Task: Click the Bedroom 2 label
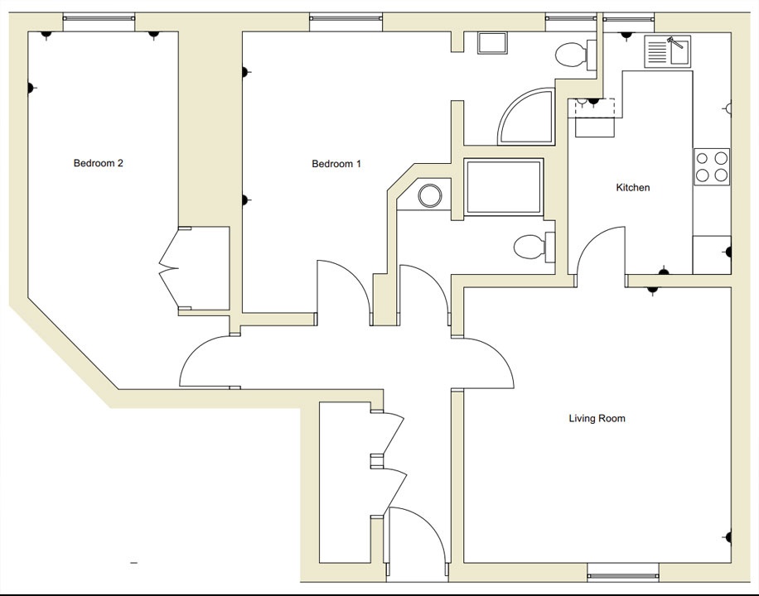pyautogui.click(x=99, y=163)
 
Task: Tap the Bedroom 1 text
pyautogui.click(x=336, y=164)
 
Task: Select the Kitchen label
pyautogui.click(x=633, y=188)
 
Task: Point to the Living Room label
pyautogui.click(x=597, y=419)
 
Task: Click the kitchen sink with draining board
pyautogui.click(x=668, y=51)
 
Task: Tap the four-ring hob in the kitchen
pyautogui.click(x=712, y=166)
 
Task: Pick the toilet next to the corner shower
pyautogui.click(x=571, y=55)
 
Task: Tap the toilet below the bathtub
pyautogui.click(x=530, y=247)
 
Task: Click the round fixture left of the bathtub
pyautogui.click(x=430, y=196)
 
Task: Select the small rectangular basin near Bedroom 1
pyautogui.click(x=494, y=43)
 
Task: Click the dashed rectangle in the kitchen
pyautogui.click(x=592, y=108)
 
